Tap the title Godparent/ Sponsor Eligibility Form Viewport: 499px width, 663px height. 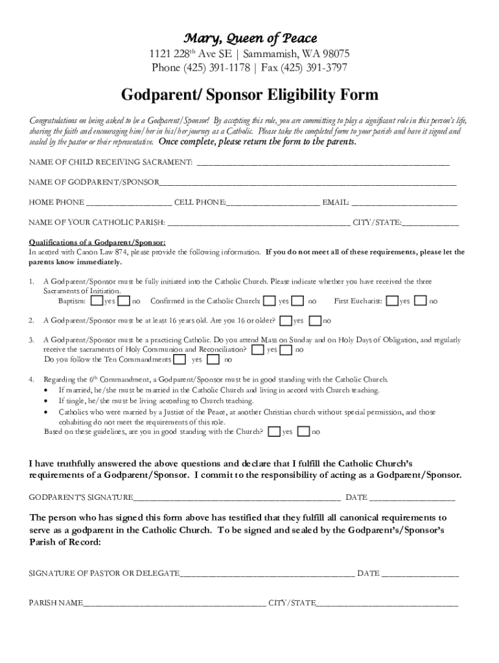pyautogui.click(x=250, y=95)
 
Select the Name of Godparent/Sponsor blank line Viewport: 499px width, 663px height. pyautogui.click(x=307, y=183)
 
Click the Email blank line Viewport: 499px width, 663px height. pyautogui.click(x=404, y=203)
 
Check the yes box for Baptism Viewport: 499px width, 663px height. pyautogui.click(x=96, y=301)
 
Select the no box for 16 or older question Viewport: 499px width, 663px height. pyautogui.click(x=315, y=320)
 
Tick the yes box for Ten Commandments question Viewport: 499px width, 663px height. pyautogui.click(x=180, y=359)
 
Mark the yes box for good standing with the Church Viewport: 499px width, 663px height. pyautogui.click(x=274, y=432)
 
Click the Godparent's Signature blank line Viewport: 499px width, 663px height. pyautogui.click(x=237, y=498)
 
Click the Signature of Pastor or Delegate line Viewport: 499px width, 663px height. pyautogui.click(x=267, y=574)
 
